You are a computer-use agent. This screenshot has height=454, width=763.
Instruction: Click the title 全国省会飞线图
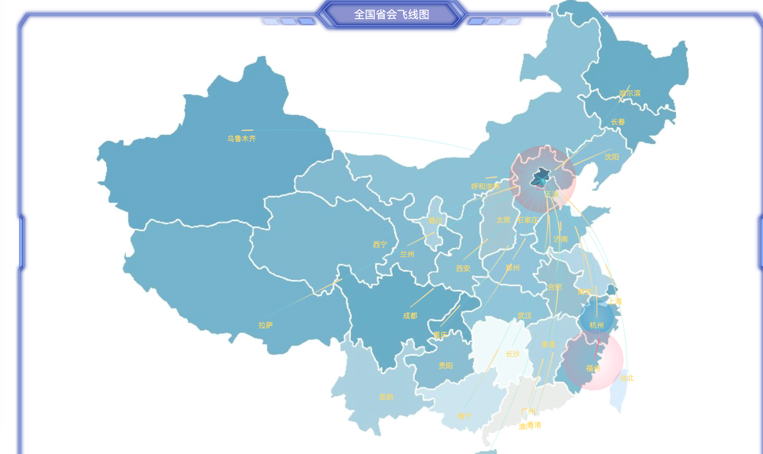(391, 14)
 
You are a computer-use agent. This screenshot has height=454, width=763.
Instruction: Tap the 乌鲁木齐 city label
(241, 138)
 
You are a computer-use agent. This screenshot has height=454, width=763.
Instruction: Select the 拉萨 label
(265, 325)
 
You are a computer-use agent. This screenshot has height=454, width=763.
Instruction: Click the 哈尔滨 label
(630, 93)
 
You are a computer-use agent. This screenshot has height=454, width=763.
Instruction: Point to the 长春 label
(618, 122)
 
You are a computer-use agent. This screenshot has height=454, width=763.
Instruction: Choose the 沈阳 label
(612, 157)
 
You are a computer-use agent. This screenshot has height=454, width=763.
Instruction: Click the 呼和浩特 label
(485, 186)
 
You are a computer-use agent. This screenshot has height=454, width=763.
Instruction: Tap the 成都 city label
(410, 316)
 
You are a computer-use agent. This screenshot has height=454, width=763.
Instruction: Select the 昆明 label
(386, 397)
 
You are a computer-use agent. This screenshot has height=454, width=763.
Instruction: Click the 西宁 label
(380, 244)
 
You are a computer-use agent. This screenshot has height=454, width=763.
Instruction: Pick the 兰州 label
(407, 254)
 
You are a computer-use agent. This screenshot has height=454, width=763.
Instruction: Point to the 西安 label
(463, 268)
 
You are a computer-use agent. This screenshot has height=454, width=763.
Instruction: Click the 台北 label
(627, 378)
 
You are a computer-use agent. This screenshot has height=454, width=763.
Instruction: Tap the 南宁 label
(464, 416)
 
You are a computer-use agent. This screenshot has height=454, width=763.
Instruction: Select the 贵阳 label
(446, 365)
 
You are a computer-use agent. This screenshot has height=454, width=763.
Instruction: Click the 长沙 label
(513, 354)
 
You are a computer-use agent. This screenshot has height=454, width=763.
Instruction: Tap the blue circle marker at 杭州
(596, 317)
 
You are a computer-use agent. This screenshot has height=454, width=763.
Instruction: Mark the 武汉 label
(525, 316)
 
